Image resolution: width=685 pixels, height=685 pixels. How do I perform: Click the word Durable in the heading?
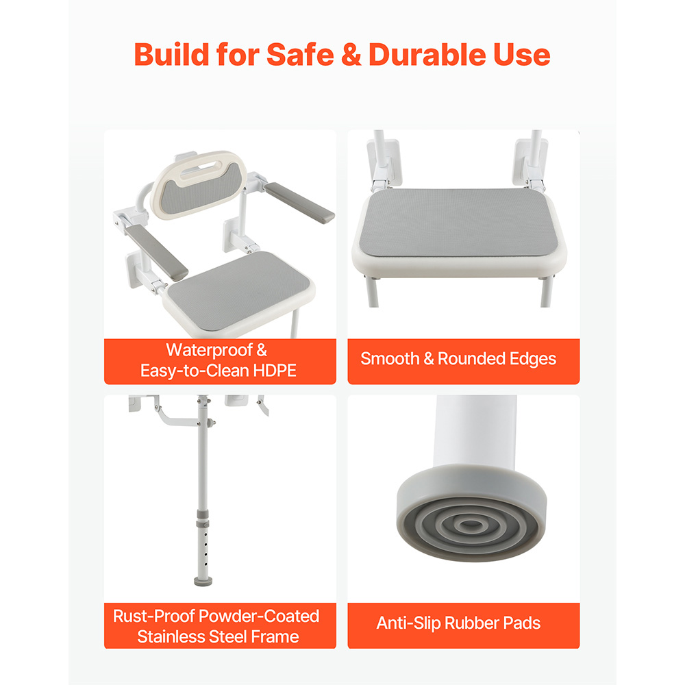427,55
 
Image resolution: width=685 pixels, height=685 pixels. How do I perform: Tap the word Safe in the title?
300,55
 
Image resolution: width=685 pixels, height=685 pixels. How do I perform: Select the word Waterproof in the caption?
209,350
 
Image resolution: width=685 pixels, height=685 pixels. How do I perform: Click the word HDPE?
275,371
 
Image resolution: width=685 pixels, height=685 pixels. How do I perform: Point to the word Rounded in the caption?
471,359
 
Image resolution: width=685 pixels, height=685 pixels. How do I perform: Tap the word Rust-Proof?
161,616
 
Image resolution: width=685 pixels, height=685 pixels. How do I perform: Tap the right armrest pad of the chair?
299,202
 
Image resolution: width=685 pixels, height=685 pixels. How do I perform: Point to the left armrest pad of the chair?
157,251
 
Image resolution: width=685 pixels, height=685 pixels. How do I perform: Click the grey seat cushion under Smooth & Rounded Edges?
459,222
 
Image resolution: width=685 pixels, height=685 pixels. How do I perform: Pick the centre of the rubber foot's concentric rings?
470,524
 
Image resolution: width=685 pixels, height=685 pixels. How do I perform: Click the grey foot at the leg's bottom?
203,581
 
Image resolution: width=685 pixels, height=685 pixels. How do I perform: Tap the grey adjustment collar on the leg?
202,519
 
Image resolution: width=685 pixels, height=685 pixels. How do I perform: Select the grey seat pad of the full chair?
239,290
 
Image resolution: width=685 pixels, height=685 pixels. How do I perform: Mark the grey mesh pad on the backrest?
201,190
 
